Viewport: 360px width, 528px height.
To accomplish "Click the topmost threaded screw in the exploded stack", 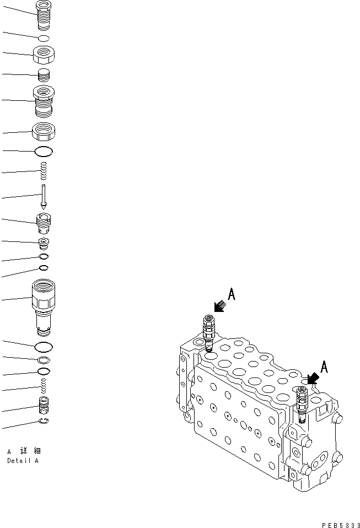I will [x=44, y=16].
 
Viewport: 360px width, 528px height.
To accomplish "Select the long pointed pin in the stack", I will [x=44, y=196].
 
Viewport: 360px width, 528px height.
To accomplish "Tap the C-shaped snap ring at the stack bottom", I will [x=44, y=422].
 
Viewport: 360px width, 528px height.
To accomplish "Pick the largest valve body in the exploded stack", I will [x=44, y=305].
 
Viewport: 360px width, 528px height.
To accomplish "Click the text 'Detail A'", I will [x=23, y=461].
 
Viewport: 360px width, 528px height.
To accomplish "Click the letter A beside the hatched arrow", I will [x=232, y=295].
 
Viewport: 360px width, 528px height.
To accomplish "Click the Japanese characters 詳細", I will [x=25, y=451].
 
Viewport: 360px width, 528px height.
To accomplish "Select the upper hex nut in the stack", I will [x=44, y=55].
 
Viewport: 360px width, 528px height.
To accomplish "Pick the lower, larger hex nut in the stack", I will [x=44, y=132].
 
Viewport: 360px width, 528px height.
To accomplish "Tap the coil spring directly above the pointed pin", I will [x=44, y=171].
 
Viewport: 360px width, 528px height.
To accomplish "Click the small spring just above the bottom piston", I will [x=44, y=387].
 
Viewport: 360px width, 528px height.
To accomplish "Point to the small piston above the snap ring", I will [x=44, y=407].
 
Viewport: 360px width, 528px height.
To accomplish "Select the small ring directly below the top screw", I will [x=44, y=38].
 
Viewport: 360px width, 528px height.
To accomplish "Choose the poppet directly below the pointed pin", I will [x=44, y=223].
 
